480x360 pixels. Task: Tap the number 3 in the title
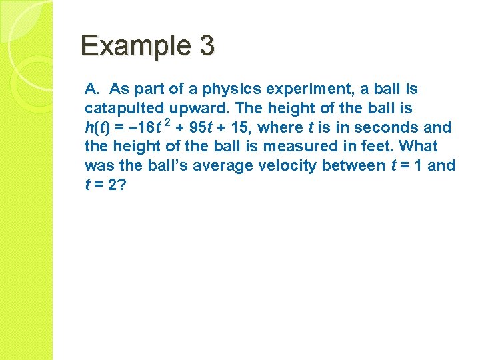point(206,46)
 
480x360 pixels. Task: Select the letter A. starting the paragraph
point(93,89)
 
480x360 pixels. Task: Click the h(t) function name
point(98,127)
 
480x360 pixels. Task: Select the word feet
point(378,146)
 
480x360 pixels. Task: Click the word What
point(418,146)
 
